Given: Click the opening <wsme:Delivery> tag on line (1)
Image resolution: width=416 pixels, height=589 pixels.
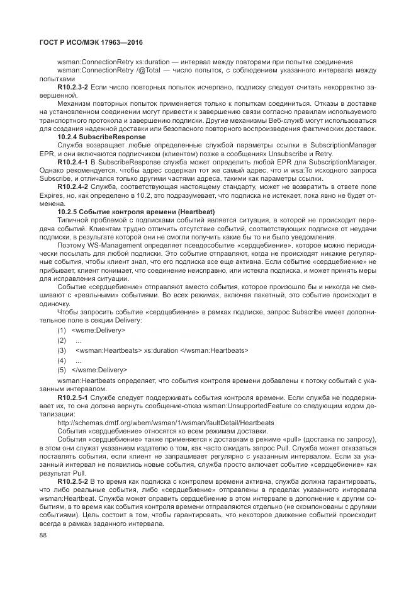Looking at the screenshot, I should tap(99, 330).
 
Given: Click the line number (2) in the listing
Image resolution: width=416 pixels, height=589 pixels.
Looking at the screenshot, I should tap(62, 340).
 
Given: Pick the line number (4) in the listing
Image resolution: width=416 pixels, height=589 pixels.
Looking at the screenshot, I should tap(62, 360).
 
